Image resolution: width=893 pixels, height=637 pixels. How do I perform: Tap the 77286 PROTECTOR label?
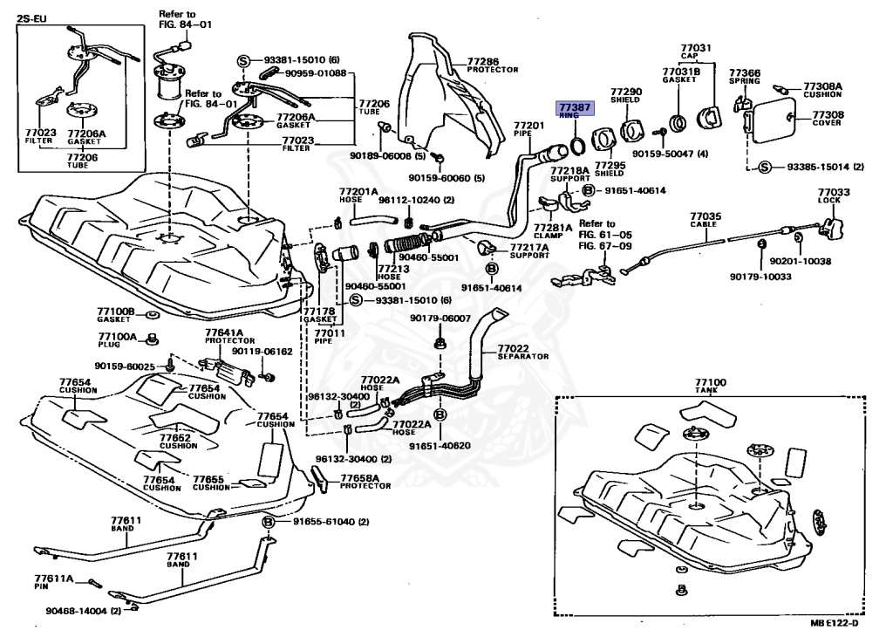tap(492, 65)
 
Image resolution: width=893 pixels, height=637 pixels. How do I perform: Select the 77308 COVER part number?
tap(828, 114)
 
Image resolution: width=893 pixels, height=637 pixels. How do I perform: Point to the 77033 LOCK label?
tap(832, 195)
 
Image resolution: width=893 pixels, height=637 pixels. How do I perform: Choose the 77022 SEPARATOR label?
tap(521, 353)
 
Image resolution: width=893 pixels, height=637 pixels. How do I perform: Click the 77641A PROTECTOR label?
tap(224, 336)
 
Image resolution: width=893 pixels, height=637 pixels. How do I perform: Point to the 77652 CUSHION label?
tap(175, 441)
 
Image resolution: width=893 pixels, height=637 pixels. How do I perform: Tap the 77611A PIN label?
tap(53, 582)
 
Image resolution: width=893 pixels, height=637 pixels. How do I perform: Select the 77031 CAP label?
tap(696, 51)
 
